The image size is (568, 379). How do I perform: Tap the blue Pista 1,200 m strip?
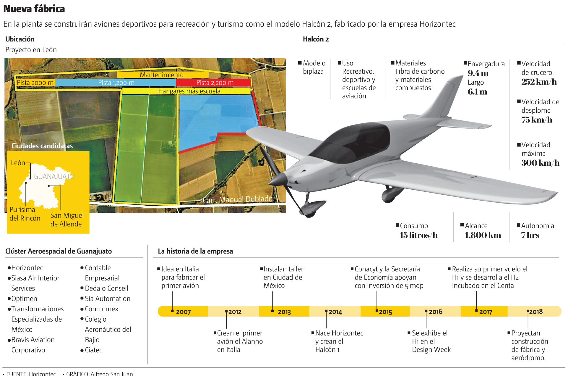click(116, 83)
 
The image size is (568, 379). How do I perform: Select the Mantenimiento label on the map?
click(162, 75)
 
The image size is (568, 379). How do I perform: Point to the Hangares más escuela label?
click(189, 91)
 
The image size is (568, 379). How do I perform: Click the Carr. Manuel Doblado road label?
click(238, 199)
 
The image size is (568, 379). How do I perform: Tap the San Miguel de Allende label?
click(67, 220)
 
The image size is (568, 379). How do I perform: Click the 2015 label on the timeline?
click(385, 312)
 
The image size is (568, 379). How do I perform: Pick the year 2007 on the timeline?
click(183, 312)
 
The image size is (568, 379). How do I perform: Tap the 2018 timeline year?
click(535, 312)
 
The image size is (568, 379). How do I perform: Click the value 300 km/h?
click(540, 163)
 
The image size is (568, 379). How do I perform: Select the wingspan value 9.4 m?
click(478, 73)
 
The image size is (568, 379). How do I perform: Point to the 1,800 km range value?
click(483, 235)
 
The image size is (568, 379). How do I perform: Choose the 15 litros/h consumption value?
click(418, 235)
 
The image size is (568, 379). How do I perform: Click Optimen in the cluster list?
click(24, 299)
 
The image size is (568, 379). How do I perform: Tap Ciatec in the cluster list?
click(93, 350)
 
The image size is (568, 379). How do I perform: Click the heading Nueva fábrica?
click(34, 9)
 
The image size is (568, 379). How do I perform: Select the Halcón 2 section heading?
click(316, 39)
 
